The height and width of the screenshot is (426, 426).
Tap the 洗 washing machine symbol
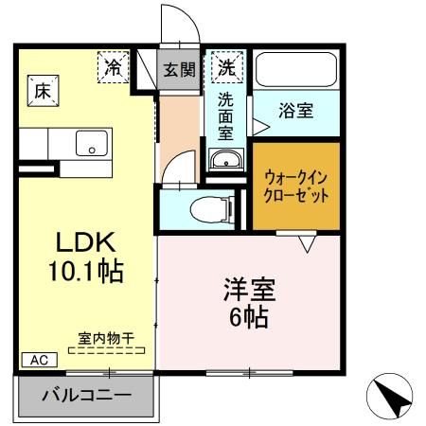[x=228, y=67]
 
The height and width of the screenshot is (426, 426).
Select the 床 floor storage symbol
[x=43, y=92]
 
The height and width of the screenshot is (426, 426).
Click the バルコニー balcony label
[x=86, y=395]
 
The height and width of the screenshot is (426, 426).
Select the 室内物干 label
[x=107, y=337]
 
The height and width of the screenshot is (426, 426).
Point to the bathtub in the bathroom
[x=297, y=68]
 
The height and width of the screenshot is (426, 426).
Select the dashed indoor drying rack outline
[x=107, y=350]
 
